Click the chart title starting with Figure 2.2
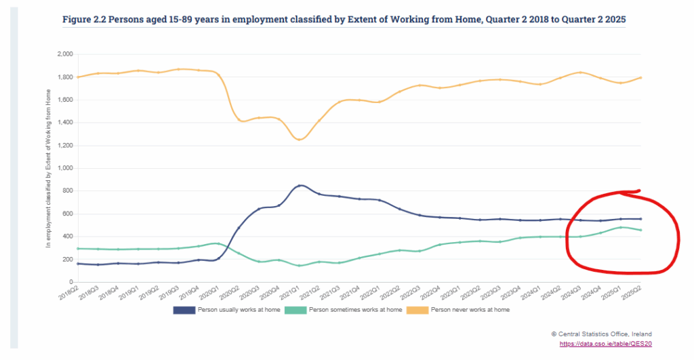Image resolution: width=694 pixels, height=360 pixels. tap(344, 20)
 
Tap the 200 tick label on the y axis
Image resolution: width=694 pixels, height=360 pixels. tap(67, 259)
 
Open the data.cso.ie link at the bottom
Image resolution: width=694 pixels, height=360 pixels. tap(605, 344)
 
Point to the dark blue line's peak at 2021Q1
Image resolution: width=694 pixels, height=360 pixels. tap(300, 185)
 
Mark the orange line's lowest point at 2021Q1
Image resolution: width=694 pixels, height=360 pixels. tap(300, 139)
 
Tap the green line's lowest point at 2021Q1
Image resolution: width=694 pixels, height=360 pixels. tap(300, 265)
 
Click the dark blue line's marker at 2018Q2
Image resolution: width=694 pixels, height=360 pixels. tap(79, 264)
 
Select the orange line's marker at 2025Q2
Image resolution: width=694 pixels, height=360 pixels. tap(640, 77)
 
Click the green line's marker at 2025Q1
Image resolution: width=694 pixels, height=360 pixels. tap(621, 227)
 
